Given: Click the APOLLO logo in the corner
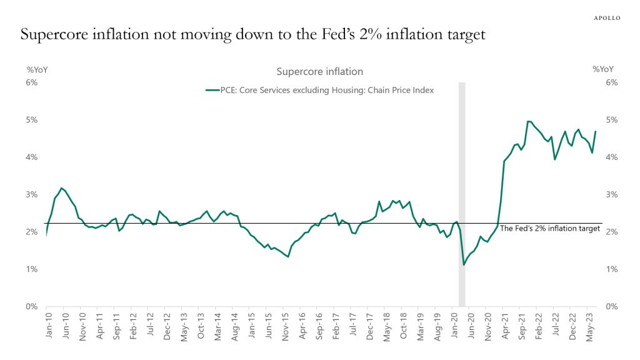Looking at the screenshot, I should coord(606,18).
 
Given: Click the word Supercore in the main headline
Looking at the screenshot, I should coord(56,35).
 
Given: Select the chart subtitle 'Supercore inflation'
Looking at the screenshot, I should coord(319,72).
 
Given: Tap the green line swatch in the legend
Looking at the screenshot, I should coord(212,91).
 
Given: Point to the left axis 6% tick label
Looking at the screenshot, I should coord(32,82).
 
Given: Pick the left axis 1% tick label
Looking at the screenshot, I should coord(32,269).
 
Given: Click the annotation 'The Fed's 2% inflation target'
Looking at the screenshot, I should coord(550,229).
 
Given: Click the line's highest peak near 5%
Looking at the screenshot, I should coord(528,121).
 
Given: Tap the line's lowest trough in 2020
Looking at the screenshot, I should coord(464,265).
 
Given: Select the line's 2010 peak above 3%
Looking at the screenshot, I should coord(61,188).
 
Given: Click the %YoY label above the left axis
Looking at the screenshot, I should coord(36,70).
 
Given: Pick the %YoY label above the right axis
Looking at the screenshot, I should coord(602,70).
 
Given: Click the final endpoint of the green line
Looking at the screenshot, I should coord(596,131).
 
